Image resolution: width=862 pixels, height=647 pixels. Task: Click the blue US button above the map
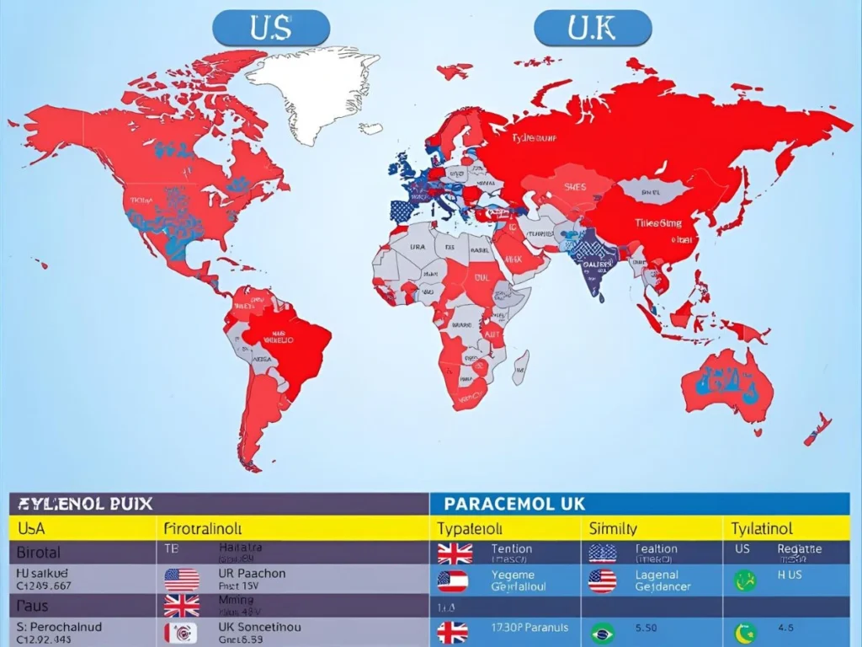coord(271,28)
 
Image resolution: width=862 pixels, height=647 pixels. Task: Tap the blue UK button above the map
coord(593,28)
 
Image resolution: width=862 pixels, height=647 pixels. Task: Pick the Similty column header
coord(614,528)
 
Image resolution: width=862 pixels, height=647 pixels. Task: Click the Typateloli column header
coord(470,528)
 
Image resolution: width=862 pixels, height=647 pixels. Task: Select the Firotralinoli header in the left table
coord(203,529)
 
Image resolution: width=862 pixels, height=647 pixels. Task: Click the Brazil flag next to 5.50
coord(602,633)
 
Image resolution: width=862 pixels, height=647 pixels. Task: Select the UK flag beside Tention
coord(455,553)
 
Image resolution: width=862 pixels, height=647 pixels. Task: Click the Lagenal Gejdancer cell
coord(663,580)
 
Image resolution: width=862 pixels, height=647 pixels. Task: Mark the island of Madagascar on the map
coord(521,368)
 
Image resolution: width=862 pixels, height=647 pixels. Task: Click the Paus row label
coord(32,606)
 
